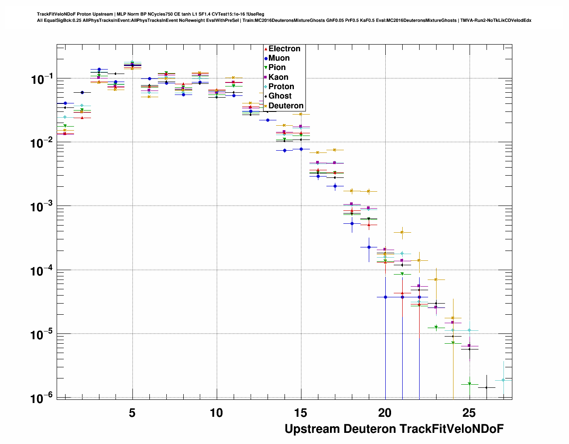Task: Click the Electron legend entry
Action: coord(284,49)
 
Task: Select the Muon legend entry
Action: coord(279,58)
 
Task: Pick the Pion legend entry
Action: coord(277,67)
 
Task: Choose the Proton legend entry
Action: coord(281,86)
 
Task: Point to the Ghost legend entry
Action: coord(280,96)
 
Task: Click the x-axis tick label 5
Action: coord(132,413)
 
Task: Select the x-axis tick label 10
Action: coord(216,413)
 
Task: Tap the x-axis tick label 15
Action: coord(301,413)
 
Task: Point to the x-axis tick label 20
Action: coord(385,413)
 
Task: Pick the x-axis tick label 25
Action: coord(469,413)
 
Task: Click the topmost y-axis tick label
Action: coord(42,80)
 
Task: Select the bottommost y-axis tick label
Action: coord(42,398)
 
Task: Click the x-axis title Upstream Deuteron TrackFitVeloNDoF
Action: coord(394,429)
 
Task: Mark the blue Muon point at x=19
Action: coord(369,247)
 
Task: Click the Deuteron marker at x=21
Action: coord(402,232)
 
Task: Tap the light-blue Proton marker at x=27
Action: coord(503,380)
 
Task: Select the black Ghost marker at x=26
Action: coord(487,387)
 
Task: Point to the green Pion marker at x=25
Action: coord(470,384)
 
